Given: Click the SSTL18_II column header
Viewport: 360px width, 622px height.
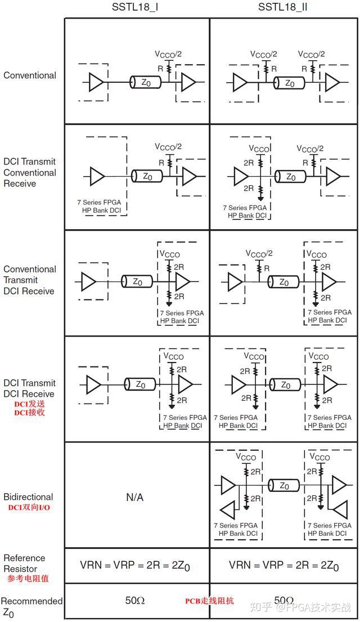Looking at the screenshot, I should pos(282,7).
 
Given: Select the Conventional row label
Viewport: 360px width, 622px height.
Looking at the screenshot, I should pos(30,75).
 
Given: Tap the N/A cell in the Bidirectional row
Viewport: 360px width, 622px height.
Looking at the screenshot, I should pos(134,497).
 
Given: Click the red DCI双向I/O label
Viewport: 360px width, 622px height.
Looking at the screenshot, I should pos(30,508).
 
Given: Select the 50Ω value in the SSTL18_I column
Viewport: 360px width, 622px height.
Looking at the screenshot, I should pos(135,601).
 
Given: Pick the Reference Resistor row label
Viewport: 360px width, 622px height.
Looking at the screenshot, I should pos(24,563).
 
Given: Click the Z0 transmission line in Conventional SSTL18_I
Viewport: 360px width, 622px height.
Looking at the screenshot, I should pos(146,83).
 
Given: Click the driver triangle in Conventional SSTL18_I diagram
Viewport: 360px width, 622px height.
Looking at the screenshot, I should pos(97,83).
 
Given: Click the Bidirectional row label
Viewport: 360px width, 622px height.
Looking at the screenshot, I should pos(28,497).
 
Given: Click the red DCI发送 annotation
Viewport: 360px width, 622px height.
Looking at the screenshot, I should pos(29,404).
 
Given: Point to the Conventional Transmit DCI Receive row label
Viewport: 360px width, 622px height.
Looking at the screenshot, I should pos(30,280).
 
